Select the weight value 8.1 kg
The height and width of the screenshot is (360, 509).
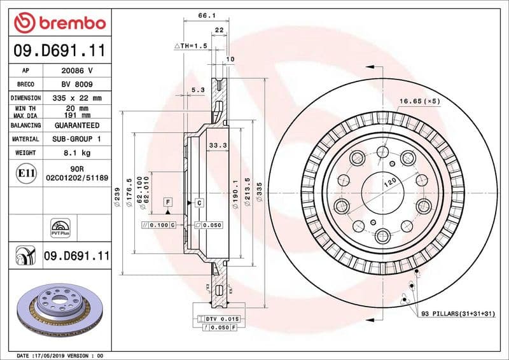tap(76, 153)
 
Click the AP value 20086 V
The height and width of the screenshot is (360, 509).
tap(76, 70)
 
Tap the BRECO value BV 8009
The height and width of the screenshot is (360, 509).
tap(76, 84)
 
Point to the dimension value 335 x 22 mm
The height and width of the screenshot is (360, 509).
tap(76, 98)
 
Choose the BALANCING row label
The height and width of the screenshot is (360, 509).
tap(25, 126)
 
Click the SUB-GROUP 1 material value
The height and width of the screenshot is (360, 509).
tap(76, 139)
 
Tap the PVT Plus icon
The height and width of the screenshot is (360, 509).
tap(59, 228)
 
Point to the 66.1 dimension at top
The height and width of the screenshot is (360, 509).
tap(205, 16)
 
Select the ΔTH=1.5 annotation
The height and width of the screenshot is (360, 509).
tap(191, 46)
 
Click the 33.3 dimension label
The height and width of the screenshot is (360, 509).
tap(218, 146)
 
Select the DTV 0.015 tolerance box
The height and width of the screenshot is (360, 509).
tap(219, 317)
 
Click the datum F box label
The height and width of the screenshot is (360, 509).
tap(168, 202)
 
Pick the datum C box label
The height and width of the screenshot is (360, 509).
tap(199, 202)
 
